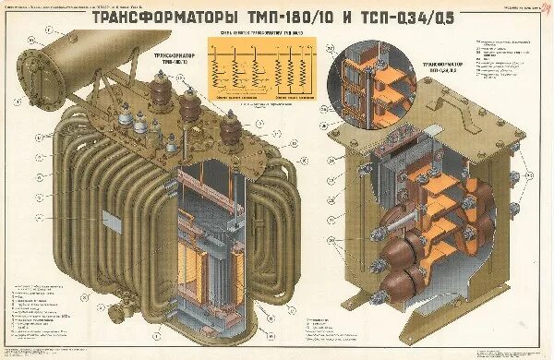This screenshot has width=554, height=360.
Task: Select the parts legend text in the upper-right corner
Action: pos(506,60)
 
